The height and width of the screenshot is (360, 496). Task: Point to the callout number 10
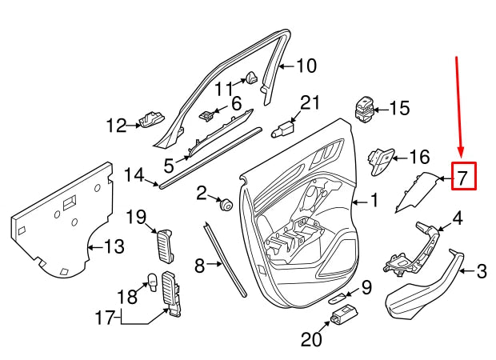pos(307,66)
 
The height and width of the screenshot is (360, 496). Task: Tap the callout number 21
pos(310,102)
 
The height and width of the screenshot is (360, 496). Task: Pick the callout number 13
pos(114,247)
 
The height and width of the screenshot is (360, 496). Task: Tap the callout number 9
pos(365,286)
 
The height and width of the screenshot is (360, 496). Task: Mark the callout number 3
pos(482,273)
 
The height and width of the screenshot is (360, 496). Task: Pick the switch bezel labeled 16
pos(379,159)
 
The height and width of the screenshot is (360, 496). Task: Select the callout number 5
pos(169,166)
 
